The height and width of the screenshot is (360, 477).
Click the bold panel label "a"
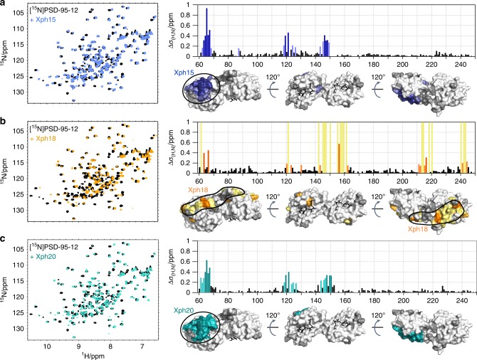[4, 5]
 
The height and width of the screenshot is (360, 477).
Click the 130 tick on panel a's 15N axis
[23, 92]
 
